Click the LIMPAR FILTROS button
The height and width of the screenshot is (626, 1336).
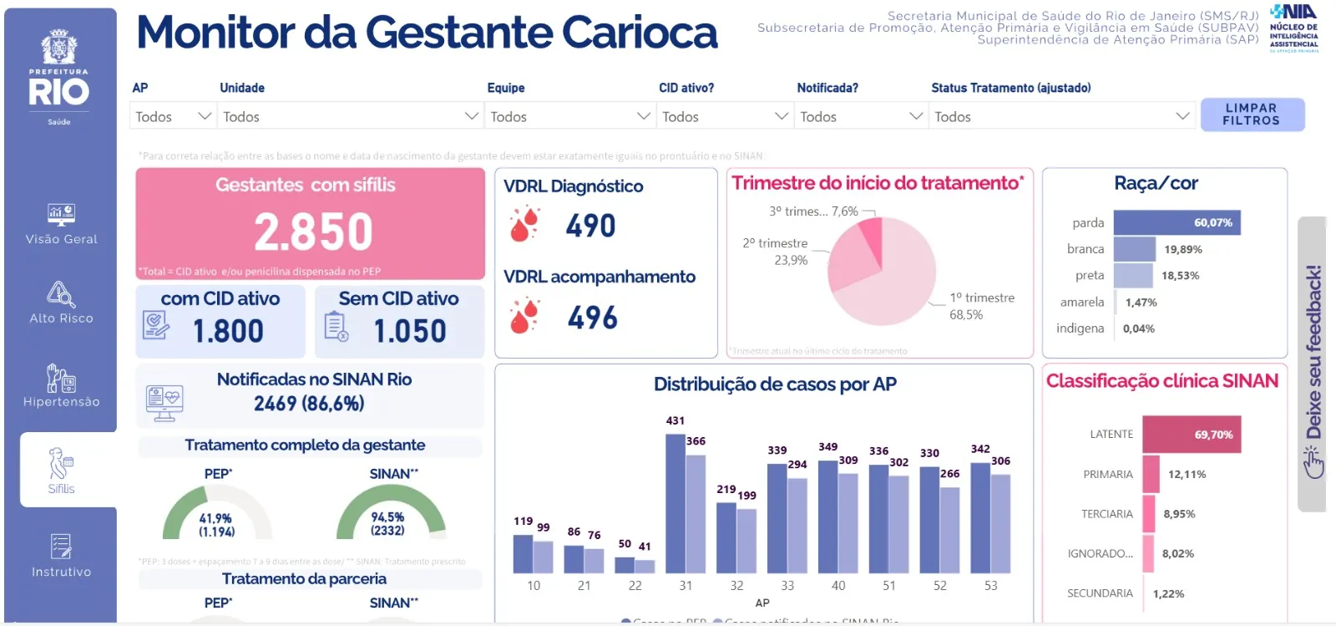1251,115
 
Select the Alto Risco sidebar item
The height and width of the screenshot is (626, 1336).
61,303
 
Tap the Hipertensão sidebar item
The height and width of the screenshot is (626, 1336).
61,385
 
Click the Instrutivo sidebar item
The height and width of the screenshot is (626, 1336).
61,556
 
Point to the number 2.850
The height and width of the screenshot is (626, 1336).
313,232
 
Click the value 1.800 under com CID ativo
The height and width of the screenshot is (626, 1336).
228,331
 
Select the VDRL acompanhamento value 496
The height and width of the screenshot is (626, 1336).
592,318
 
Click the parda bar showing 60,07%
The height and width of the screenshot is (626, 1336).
1176,222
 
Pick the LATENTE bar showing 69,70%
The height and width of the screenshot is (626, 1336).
1191,435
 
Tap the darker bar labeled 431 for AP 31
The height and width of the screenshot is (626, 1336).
675,503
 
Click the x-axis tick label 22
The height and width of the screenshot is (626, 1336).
635,586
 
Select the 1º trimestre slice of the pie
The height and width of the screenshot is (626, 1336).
893,284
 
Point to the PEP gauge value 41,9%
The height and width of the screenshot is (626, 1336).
215,518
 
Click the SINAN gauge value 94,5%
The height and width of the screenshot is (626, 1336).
387,518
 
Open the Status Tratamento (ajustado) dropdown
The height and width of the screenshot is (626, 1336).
1060,116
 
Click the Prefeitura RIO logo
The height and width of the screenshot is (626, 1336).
59,79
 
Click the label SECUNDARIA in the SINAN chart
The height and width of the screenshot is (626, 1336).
1100,593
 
